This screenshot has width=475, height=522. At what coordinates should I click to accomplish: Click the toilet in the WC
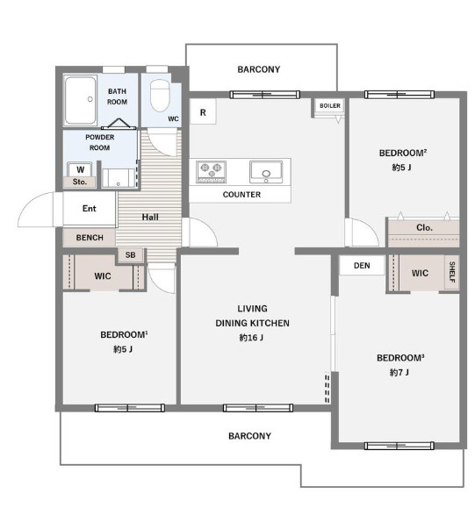(160, 95)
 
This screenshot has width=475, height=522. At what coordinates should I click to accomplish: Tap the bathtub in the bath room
(81, 100)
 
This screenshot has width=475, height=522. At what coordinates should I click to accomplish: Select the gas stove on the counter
(212, 172)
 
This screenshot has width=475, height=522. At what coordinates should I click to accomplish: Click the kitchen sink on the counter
(266, 171)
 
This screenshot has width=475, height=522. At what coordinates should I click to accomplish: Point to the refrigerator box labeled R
(203, 112)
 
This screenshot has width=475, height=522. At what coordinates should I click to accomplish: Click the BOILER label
(330, 106)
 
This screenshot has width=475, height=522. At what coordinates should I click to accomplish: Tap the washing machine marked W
(80, 170)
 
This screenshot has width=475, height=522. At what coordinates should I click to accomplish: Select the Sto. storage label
(80, 182)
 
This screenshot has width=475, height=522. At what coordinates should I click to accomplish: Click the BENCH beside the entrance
(90, 238)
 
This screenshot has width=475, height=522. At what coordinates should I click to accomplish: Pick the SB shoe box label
(130, 255)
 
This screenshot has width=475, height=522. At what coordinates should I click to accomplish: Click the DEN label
(362, 266)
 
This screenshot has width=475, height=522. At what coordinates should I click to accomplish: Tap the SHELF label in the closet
(452, 272)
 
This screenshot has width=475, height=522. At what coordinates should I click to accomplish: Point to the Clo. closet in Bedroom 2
(424, 233)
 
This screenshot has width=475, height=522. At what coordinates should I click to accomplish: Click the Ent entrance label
(90, 209)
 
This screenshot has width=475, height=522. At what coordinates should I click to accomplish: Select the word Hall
(150, 217)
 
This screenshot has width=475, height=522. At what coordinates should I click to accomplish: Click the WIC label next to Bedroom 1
(103, 276)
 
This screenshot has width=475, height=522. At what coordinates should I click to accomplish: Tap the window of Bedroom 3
(399, 446)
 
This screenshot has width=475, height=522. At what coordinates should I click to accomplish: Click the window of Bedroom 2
(399, 95)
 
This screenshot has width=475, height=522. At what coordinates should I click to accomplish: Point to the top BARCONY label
(259, 69)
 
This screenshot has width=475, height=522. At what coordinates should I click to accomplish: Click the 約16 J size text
(251, 338)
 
